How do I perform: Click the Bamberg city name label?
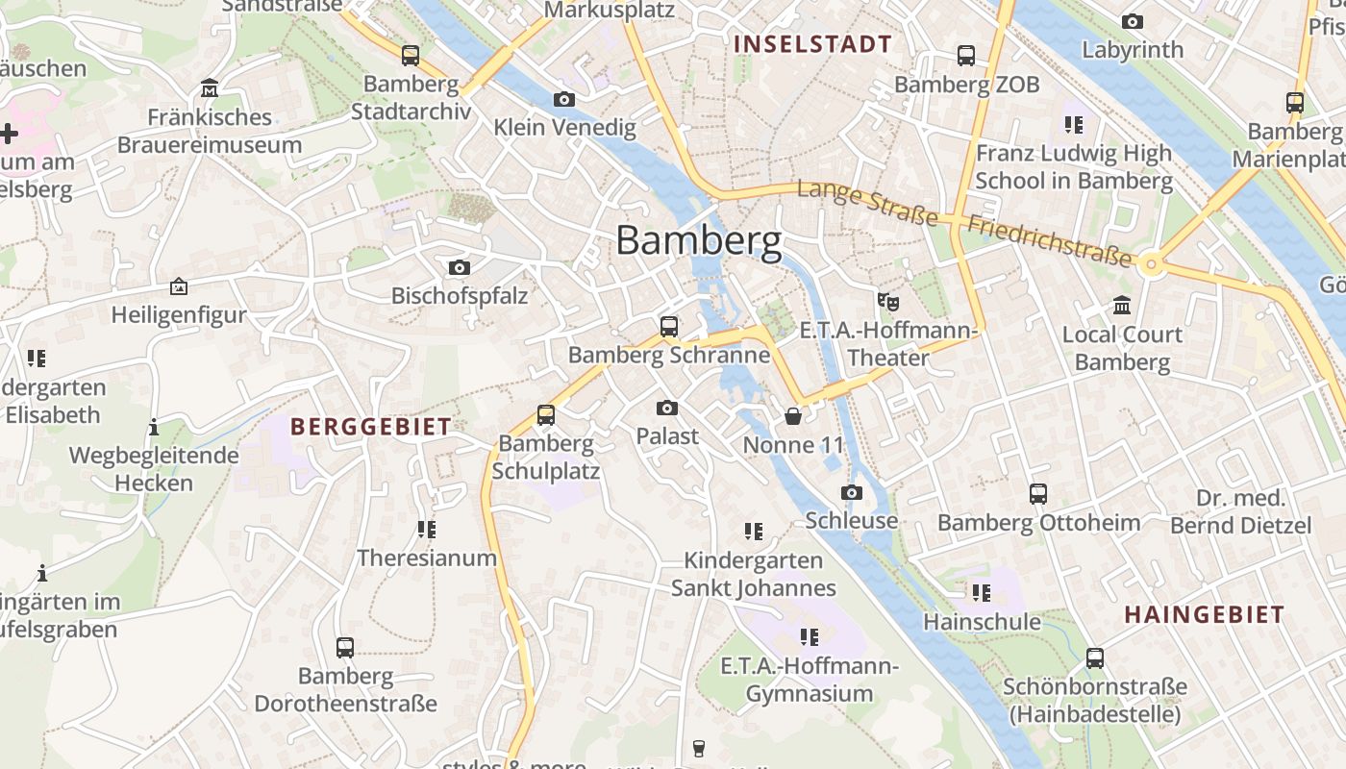(x=698, y=240)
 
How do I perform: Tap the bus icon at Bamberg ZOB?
(x=966, y=56)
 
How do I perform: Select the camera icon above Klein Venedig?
(x=564, y=99)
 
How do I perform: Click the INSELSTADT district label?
(x=813, y=44)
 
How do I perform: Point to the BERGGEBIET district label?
(x=371, y=427)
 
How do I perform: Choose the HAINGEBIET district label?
(x=1204, y=615)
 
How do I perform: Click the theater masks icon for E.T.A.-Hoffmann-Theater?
(x=888, y=302)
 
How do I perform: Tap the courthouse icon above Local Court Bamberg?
(x=1121, y=306)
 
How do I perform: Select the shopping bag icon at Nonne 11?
(x=793, y=416)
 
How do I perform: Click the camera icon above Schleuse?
(x=851, y=493)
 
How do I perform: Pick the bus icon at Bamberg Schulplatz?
(x=546, y=415)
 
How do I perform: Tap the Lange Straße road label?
(x=867, y=203)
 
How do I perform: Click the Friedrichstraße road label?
(x=1049, y=240)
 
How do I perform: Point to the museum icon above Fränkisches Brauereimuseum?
(x=210, y=89)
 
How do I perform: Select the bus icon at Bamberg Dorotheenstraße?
(x=345, y=648)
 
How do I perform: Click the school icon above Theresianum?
(x=427, y=530)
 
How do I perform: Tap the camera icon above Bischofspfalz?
(x=460, y=267)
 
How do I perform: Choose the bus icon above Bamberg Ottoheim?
(x=1038, y=494)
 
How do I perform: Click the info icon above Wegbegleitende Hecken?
(x=154, y=427)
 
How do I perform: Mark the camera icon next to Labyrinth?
(x=1133, y=21)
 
